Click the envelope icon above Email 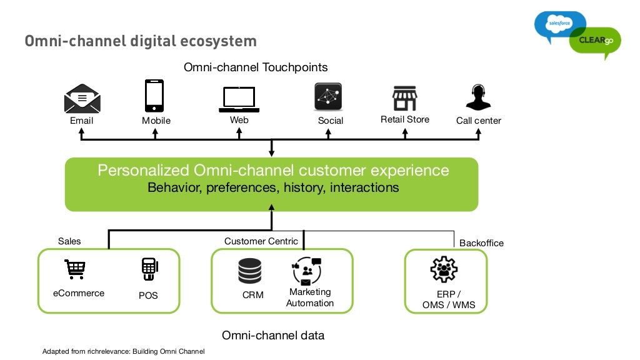pyautogui.click(x=82, y=99)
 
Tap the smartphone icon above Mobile pyautogui.click(x=154, y=96)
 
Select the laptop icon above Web pyautogui.click(x=239, y=99)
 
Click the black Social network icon pyautogui.click(x=328, y=97)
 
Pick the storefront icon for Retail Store pyautogui.click(x=404, y=98)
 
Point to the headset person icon pyautogui.click(x=478, y=97)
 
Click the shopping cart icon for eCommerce pyautogui.click(x=75, y=269)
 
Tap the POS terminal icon pyautogui.click(x=149, y=269)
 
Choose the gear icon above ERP pyautogui.click(x=444, y=270)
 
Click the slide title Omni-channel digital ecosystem pyautogui.click(x=141, y=41)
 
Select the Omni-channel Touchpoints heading pyautogui.click(x=256, y=67)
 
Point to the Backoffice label pyautogui.click(x=481, y=243)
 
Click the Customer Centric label pyautogui.click(x=261, y=241)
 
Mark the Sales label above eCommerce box pyautogui.click(x=69, y=241)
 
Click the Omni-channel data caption pyautogui.click(x=273, y=336)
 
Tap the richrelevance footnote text pyautogui.click(x=123, y=352)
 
